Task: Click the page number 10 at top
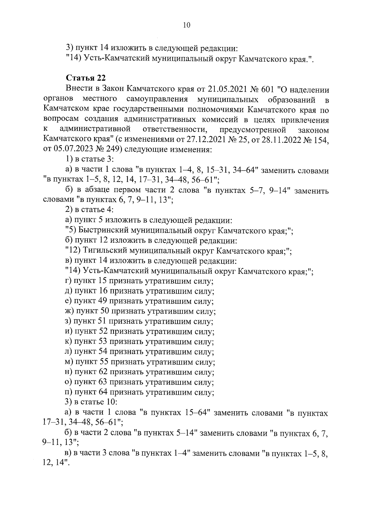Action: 187,25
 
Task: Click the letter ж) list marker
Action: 70,311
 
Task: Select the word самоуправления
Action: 157,99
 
